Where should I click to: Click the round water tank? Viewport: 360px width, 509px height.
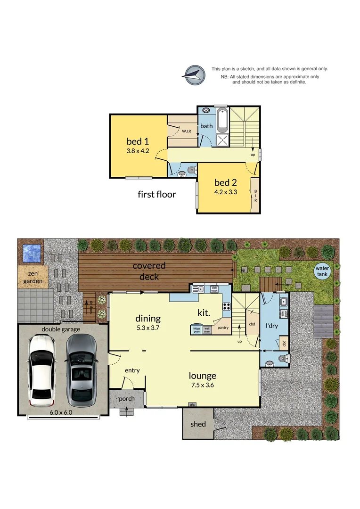click(x=323, y=271)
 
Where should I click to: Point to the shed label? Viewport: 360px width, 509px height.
click(x=198, y=424)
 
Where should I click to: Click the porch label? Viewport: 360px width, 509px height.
click(x=126, y=399)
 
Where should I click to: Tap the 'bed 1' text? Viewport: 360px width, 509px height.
click(x=138, y=141)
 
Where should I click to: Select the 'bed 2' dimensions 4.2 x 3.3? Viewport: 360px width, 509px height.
click(x=225, y=192)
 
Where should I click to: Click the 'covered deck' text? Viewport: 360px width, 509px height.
click(x=149, y=271)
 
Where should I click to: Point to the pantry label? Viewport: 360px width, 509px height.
click(x=222, y=327)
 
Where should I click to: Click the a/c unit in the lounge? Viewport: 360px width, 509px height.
click(x=192, y=404)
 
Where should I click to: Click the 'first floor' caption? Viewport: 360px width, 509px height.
click(x=156, y=194)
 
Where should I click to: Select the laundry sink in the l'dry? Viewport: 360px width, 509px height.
click(x=283, y=302)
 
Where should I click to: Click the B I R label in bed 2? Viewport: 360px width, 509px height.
click(x=255, y=196)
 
